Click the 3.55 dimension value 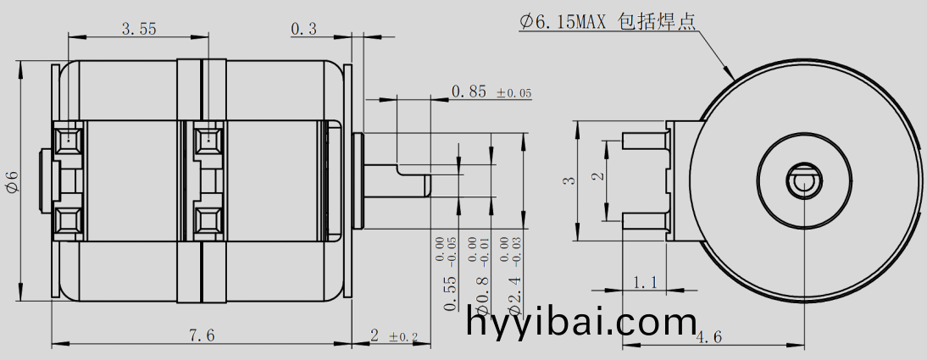coord(139,29)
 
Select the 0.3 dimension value coord(303,29)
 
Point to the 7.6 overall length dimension coord(201,335)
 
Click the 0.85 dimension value coord(469,91)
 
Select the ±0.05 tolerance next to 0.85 coord(513,93)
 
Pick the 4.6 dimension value coord(708,337)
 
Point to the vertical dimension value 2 coord(597,177)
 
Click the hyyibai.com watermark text coord(581,324)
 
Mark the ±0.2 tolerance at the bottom coord(404,337)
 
